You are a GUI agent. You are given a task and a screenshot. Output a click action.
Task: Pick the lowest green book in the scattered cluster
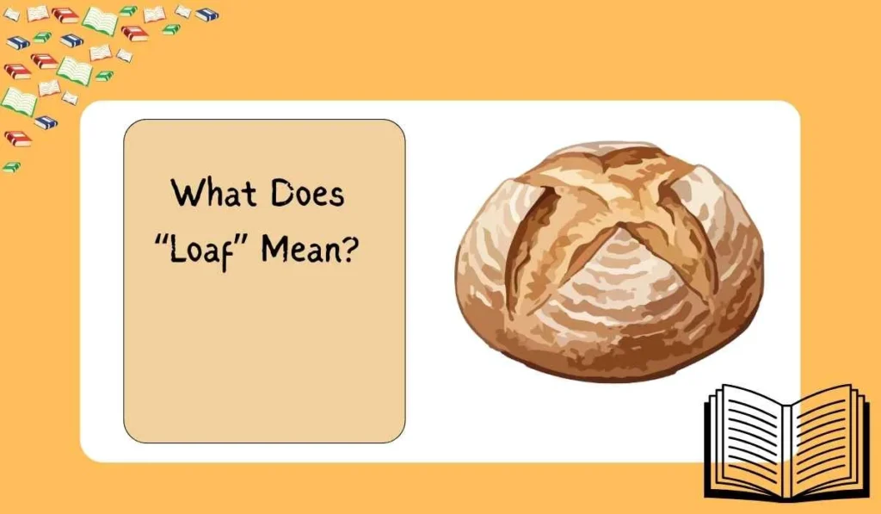point(11,166)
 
